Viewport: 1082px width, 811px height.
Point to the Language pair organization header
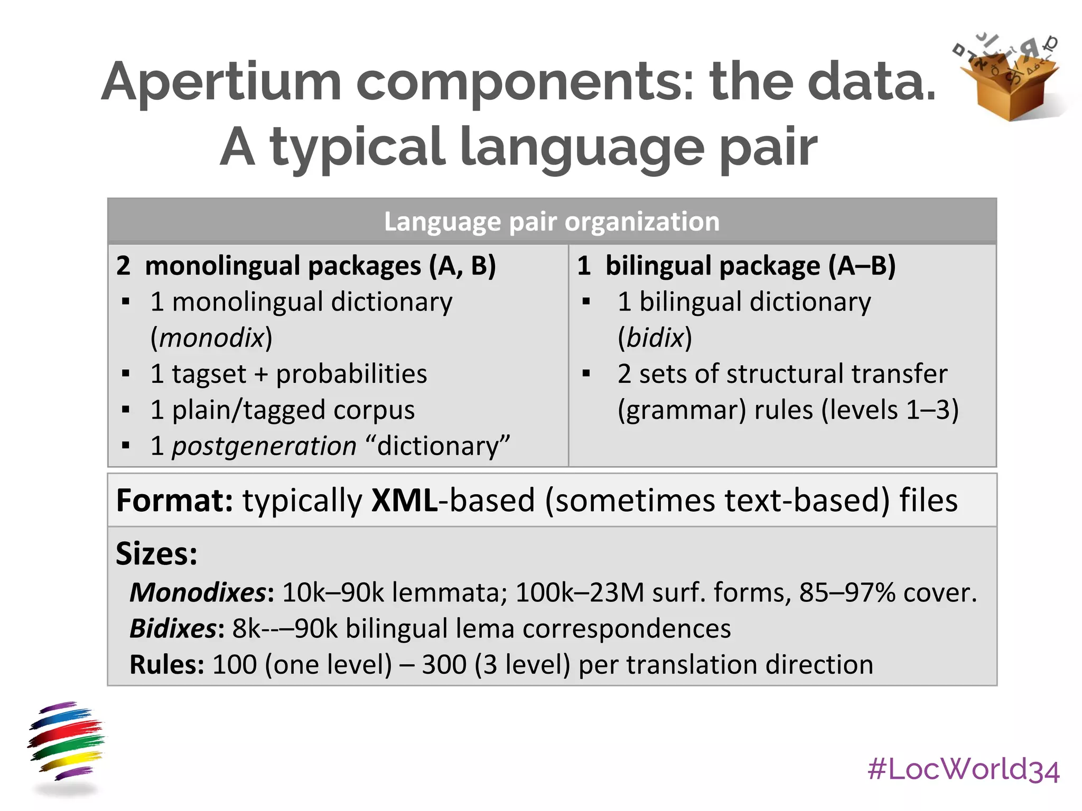point(552,221)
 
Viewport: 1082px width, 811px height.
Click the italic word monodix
point(211,338)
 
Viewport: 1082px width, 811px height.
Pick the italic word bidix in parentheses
point(655,338)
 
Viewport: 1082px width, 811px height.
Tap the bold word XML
point(405,501)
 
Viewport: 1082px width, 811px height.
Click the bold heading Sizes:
point(156,554)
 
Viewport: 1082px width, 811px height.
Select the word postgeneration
point(264,446)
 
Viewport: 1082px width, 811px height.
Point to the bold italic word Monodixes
point(199,592)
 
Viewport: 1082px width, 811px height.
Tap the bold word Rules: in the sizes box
point(167,665)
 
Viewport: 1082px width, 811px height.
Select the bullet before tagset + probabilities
point(126,374)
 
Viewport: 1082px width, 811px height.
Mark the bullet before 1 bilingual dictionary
point(586,302)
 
